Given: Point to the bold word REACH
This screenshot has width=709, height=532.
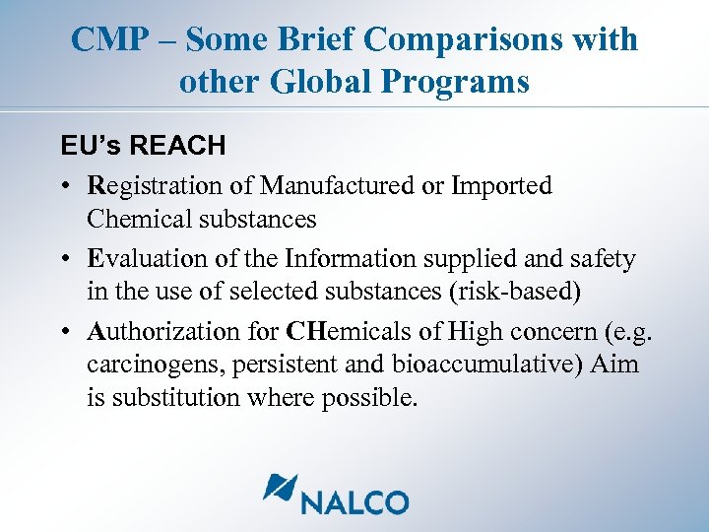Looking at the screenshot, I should pos(177,146).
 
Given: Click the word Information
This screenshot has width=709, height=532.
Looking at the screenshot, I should pos(336,259).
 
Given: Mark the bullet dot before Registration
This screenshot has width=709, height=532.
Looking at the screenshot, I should pos(61,186).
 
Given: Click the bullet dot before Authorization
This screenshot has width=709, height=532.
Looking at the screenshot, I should pos(61,332).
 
